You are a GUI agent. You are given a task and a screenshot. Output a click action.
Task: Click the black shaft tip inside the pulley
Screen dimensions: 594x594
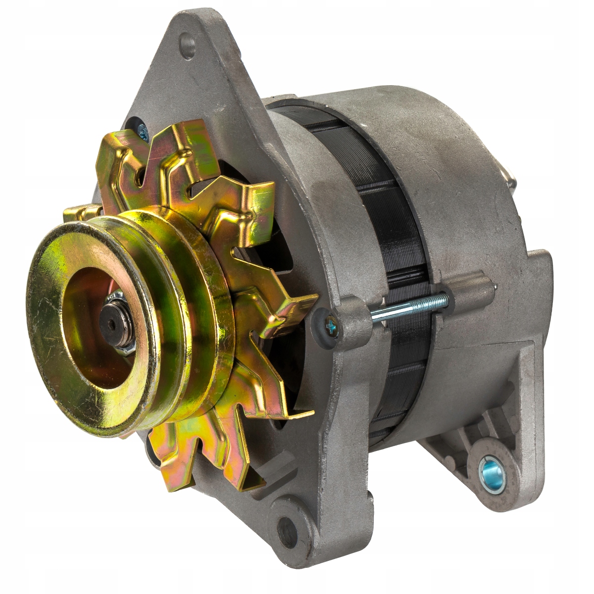[110, 324]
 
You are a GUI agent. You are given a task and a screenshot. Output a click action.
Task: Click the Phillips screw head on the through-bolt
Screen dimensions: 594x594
[330, 325]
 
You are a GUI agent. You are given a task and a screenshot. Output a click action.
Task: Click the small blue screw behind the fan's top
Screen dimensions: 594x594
[143, 131]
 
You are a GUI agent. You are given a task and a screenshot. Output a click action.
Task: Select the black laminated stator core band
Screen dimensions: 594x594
[396, 247]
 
